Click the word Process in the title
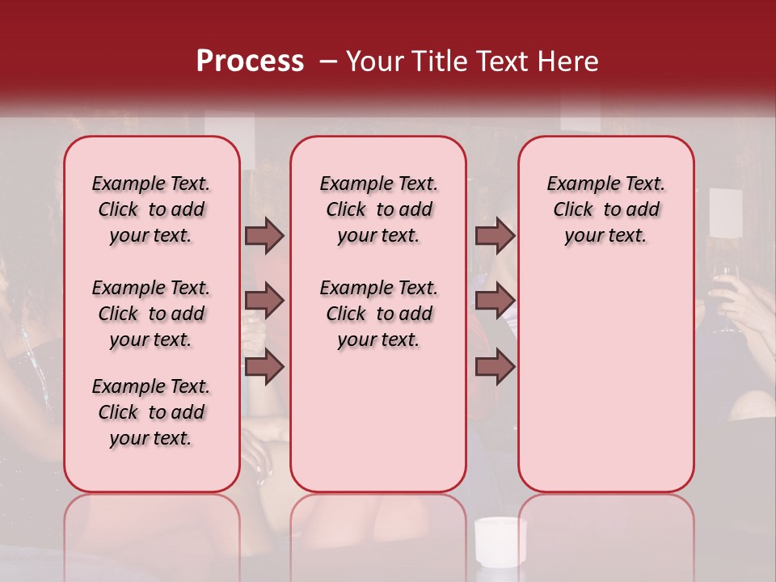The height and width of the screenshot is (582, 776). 250,61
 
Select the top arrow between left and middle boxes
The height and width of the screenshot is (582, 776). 264,235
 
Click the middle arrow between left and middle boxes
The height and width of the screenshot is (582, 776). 264,301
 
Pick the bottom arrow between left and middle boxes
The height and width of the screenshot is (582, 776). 264,366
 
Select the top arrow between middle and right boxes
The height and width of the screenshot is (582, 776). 495,235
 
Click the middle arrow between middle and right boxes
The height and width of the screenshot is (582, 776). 495,301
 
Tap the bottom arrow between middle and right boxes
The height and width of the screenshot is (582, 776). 495,366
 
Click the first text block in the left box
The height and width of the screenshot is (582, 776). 151,209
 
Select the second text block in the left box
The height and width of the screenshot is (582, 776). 151,314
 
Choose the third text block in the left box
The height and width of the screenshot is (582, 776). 151,412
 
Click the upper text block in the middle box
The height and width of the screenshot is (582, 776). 378,209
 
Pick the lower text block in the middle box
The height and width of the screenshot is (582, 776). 378,314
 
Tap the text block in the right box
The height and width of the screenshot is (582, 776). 605,209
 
